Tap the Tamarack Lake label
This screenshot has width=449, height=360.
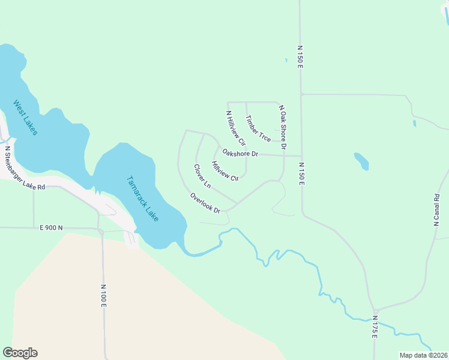[x=143, y=199]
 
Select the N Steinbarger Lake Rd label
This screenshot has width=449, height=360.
[x=25, y=169]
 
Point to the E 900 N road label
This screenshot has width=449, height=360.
[x=51, y=228]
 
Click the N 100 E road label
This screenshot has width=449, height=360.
[x=103, y=296]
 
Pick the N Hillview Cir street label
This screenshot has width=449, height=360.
[x=236, y=128]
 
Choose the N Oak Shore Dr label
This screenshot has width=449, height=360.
[x=282, y=127]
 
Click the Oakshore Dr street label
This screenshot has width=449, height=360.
[x=240, y=153]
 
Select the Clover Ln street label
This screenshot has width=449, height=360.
[x=202, y=176]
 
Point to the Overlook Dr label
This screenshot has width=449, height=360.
[x=205, y=203]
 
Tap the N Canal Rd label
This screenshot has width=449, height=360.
[x=437, y=209]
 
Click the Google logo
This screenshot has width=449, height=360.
[x=20, y=353]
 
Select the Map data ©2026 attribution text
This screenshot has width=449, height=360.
[x=424, y=355]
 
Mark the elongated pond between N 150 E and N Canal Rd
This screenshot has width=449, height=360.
[x=361, y=161]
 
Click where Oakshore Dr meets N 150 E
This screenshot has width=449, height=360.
[x=301, y=156]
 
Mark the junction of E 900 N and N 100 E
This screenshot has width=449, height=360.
[x=101, y=229]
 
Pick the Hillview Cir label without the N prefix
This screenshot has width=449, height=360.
[x=225, y=170]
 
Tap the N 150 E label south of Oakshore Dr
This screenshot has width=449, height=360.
[x=301, y=173]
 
